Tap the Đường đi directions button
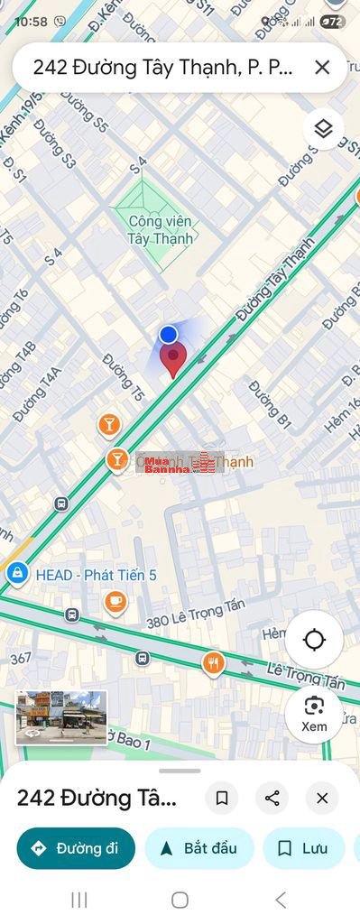coord(76,848)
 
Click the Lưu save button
coord(303,848)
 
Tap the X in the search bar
coord(322,67)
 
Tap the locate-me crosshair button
coord(314,640)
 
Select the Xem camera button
coord(314,714)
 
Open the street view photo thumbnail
coord(61,716)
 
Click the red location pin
coord(172,359)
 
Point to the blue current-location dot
coord(168,335)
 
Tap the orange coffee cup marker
coord(115,601)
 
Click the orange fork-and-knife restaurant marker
coord(213,664)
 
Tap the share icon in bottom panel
coord(272,798)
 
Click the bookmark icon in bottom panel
coord(221,798)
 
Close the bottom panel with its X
coord(322,798)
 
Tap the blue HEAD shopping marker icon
coord(16,572)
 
